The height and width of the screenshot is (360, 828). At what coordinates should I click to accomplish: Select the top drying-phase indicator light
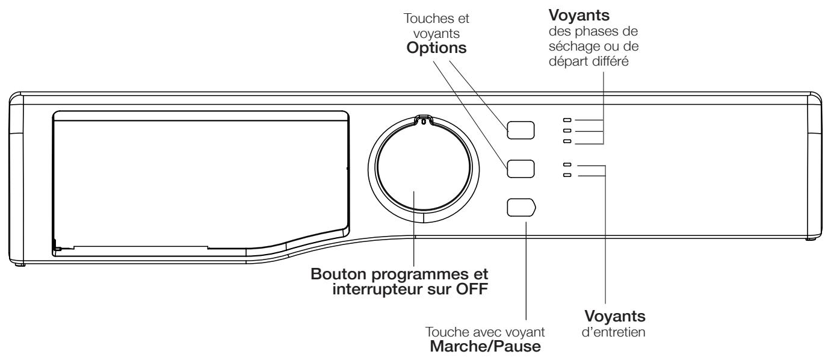[566, 120]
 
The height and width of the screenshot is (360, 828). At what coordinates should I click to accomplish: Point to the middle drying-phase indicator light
[566, 130]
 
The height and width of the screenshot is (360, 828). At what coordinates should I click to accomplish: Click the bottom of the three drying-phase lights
[566, 141]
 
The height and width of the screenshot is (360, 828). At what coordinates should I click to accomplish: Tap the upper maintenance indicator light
[566, 164]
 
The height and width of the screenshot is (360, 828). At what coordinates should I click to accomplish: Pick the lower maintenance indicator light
[566, 175]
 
